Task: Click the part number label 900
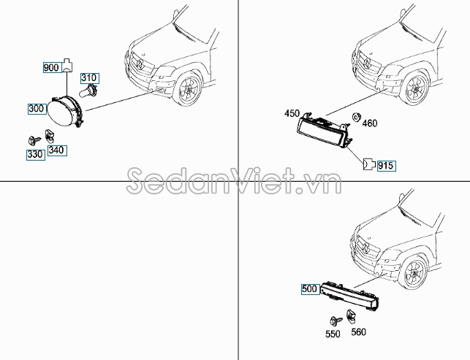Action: coord(51,68)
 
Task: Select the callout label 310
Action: coord(89,78)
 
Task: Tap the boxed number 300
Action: coord(37,109)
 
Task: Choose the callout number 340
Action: coord(56,150)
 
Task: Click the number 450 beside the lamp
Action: coord(293,113)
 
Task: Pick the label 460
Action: coord(370,123)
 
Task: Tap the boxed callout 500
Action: coord(309,288)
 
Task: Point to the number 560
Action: coord(358,332)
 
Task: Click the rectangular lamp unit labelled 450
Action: coord(323,134)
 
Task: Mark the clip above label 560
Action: coord(352,315)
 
